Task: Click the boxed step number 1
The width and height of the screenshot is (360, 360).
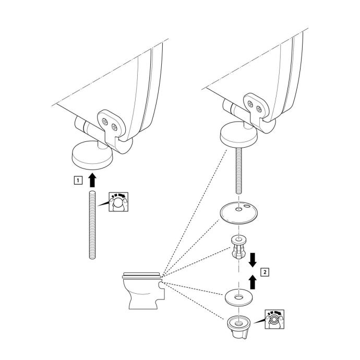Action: click(78, 181)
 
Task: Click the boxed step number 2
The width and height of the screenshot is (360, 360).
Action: click(266, 272)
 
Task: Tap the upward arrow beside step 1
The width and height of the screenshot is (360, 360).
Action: click(92, 180)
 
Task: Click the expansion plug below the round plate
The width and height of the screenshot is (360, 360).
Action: click(238, 248)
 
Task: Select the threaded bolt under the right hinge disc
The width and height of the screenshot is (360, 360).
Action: click(238, 172)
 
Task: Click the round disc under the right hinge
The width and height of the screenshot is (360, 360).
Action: click(238, 137)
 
